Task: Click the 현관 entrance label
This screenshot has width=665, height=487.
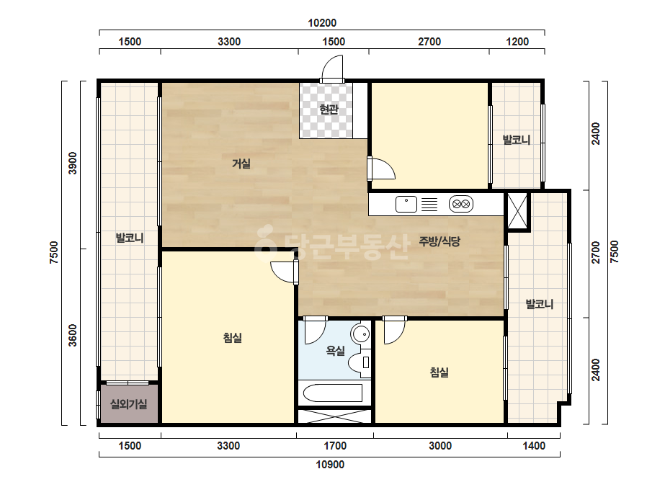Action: pyautogui.click(x=329, y=110)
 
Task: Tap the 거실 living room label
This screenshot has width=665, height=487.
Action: pyautogui.click(x=241, y=164)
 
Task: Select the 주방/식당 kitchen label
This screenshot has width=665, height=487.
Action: pyautogui.click(x=439, y=241)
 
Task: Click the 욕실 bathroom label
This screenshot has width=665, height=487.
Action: pyautogui.click(x=335, y=350)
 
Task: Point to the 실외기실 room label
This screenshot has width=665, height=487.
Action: pyautogui.click(x=128, y=404)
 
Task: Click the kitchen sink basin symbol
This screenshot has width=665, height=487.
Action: pyautogui.click(x=406, y=204)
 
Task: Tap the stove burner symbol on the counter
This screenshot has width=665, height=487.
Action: pyautogui.click(x=461, y=204)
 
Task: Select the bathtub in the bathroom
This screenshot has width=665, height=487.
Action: pyautogui.click(x=333, y=393)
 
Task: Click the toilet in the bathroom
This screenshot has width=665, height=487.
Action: pyautogui.click(x=360, y=362)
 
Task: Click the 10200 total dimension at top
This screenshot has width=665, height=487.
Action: pyautogui.click(x=322, y=23)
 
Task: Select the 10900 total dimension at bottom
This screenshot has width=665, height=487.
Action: pyautogui.click(x=330, y=465)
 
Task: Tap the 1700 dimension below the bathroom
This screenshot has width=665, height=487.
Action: pyautogui.click(x=335, y=446)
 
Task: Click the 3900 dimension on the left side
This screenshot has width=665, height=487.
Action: pyautogui.click(x=73, y=163)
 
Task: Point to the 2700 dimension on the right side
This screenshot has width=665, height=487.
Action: pyautogui.click(x=597, y=252)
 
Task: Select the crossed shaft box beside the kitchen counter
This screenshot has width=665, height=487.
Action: pyautogui.click(x=517, y=211)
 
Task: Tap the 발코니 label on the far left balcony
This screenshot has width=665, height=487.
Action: pyautogui.click(x=130, y=238)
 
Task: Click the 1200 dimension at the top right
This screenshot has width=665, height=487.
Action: pyautogui.click(x=517, y=42)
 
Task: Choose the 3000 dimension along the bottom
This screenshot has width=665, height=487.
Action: pyautogui.click(x=440, y=446)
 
